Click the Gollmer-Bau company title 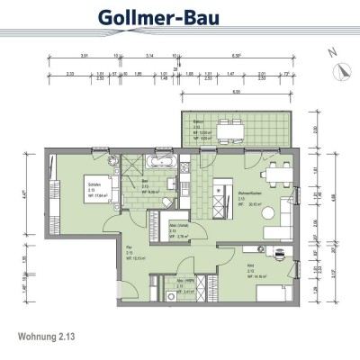pyautogui.click(x=179, y=19)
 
